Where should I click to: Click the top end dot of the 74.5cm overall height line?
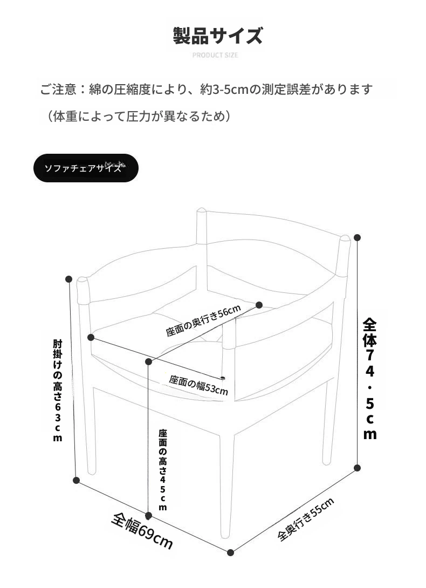tap(357, 237)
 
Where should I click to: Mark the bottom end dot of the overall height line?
tap(357, 468)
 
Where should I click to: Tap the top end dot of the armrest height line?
tap(68, 279)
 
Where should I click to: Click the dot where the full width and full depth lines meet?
tap(231, 552)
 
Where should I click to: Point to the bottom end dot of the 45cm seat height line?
tap(148, 516)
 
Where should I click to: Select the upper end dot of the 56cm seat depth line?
tap(259, 304)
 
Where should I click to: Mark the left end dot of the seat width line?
tap(91, 338)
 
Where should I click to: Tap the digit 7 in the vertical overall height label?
tap(369, 355)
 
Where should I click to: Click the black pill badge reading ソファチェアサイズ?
tap(86, 168)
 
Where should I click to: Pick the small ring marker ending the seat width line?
tap(223, 378)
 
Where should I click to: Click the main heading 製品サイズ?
tap(218, 36)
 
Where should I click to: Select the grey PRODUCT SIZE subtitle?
tap(215, 55)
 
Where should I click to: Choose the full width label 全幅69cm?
tap(142, 531)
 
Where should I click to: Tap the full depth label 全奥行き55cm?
tap(306, 519)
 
